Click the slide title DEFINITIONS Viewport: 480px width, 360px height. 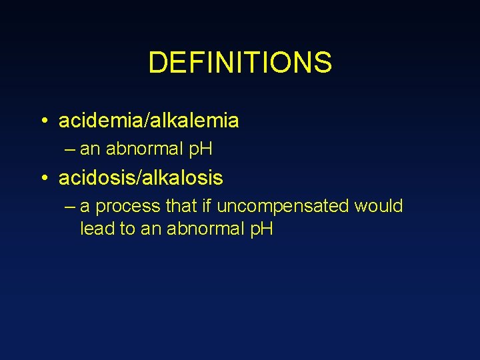pyautogui.click(x=239, y=63)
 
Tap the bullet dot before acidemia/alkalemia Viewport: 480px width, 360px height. pyautogui.click(x=42, y=121)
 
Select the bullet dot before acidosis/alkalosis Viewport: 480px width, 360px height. pyautogui.click(x=42, y=179)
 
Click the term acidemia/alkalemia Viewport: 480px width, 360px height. pyautogui.click(x=149, y=121)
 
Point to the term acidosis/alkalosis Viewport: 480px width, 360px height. pyautogui.click(x=141, y=179)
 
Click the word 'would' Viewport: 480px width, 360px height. pyautogui.click(x=379, y=206)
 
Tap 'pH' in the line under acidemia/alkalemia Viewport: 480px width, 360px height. pyautogui.click(x=201, y=149)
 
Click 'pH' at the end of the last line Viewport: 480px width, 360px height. pyautogui.click(x=261, y=229)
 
